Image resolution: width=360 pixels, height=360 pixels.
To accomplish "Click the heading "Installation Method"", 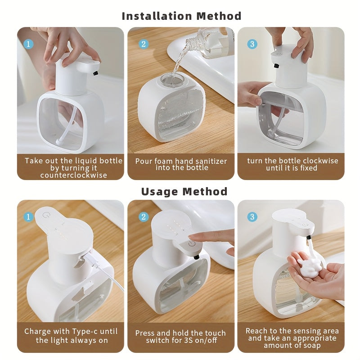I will click(182, 16).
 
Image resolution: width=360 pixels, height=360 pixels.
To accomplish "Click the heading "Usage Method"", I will click(184, 191).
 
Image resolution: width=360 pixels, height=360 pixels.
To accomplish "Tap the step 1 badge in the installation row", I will click(28, 44).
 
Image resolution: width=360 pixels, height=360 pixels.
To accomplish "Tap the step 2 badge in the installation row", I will click(144, 44).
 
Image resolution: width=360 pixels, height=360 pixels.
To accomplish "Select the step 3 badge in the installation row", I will click(252, 44).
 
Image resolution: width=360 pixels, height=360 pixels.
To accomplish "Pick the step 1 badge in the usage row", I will click(28, 217).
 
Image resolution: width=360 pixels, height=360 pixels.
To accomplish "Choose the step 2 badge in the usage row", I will click(144, 217).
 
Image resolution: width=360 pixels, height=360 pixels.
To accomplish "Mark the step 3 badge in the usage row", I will click(252, 217).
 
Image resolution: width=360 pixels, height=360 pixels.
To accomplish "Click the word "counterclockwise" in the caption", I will click(73, 175).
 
